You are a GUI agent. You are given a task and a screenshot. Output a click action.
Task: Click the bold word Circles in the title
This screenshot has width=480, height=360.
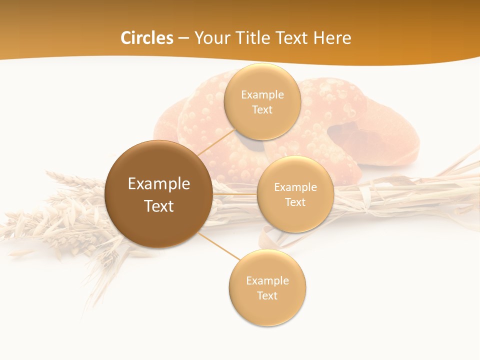(x=147, y=38)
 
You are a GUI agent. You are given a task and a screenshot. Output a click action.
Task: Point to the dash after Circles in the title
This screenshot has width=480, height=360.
(x=183, y=38)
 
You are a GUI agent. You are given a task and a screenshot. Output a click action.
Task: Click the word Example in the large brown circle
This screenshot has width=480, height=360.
(x=159, y=184)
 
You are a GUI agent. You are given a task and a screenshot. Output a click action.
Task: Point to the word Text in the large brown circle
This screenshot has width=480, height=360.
(x=159, y=206)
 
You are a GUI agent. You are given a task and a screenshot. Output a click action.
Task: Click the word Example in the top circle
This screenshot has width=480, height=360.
(x=262, y=95)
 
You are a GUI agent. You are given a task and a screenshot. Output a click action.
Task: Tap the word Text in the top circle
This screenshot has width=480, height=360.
(x=262, y=110)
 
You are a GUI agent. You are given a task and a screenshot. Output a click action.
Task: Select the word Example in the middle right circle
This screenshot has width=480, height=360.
(x=295, y=187)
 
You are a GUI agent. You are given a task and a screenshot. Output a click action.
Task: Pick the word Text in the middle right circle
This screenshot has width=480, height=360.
(x=295, y=202)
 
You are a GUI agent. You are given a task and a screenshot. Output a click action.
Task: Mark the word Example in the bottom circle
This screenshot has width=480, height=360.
(x=267, y=281)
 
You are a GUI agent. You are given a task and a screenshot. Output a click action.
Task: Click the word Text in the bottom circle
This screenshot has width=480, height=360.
(x=267, y=296)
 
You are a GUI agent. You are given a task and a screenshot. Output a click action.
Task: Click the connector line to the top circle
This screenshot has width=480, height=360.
(x=216, y=141)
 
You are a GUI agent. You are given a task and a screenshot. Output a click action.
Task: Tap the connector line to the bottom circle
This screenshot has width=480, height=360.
(x=220, y=246)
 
